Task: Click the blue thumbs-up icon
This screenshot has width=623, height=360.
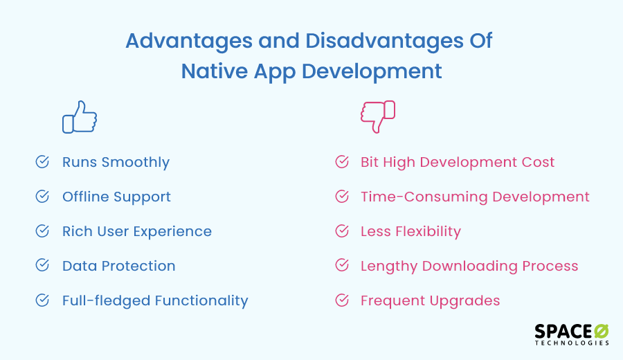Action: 80,117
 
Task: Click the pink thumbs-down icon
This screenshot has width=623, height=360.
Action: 377,116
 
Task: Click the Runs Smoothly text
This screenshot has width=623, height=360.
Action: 116,163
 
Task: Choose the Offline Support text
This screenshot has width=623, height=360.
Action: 116,197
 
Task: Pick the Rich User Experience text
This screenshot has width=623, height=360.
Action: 137,232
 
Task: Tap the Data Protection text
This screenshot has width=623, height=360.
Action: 118,267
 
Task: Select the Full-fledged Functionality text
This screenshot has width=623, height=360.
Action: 155,301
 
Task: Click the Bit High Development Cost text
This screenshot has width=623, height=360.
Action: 458,163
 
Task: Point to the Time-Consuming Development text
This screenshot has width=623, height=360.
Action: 475,197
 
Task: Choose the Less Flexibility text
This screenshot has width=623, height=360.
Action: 410,232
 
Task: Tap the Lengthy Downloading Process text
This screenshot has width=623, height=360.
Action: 469,267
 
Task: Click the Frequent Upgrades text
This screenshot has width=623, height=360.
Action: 430,301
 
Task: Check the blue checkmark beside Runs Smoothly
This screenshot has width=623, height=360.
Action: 42,162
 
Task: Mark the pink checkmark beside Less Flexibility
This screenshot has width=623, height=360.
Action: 342,231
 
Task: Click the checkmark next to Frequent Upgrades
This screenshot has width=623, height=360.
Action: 342,300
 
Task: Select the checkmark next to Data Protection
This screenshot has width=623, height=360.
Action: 42,266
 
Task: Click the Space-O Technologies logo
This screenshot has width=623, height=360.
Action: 572,333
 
